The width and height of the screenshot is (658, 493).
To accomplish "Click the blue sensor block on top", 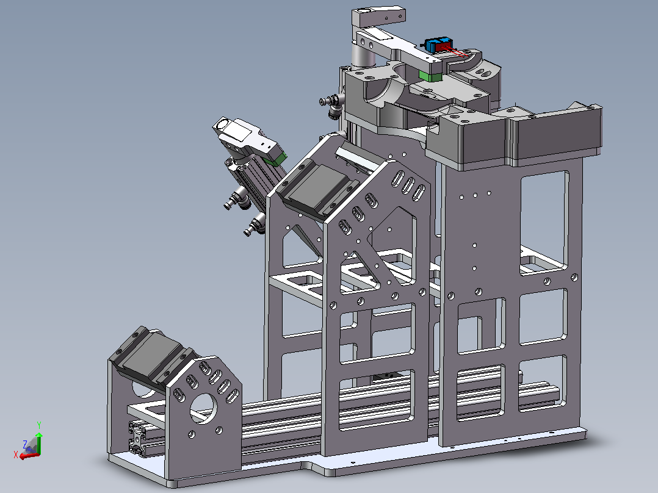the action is [x=430, y=45].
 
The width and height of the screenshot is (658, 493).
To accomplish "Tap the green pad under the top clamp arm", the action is [x=430, y=76].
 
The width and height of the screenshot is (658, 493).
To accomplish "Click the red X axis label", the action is [x=15, y=455].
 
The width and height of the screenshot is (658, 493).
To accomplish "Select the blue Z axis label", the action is [x=25, y=444].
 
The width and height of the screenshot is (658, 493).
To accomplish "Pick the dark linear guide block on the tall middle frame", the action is [x=317, y=187].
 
